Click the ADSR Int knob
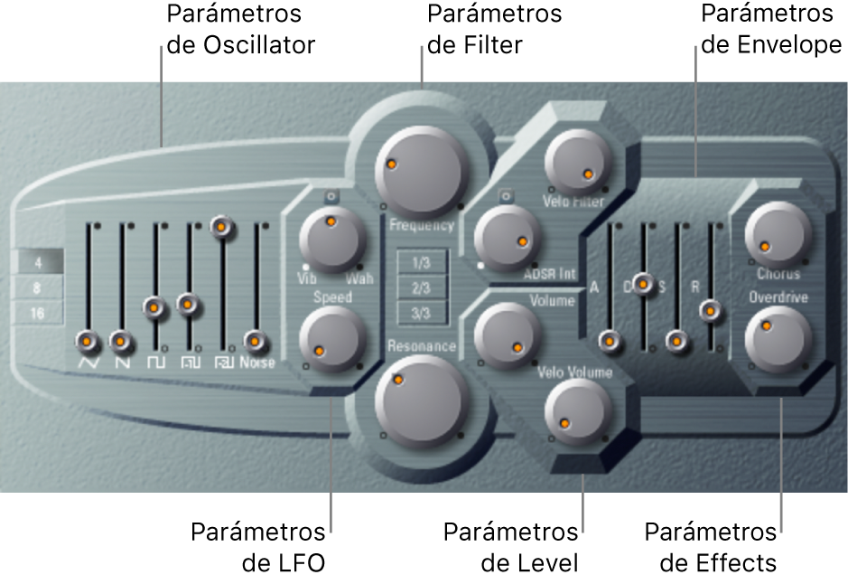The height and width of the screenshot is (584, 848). pos(507,234)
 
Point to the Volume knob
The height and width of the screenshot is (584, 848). pos(508,335)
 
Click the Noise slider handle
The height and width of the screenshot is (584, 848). pos(256,341)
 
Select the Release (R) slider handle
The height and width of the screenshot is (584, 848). pos(711,312)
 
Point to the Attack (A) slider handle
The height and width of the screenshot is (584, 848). pos(610,341)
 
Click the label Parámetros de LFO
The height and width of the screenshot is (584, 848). pos(257,547)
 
